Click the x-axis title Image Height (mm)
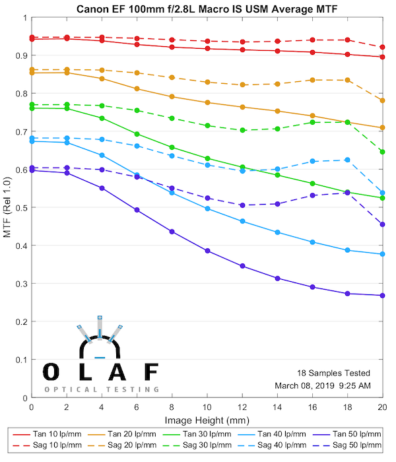tap(207, 420)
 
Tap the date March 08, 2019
tap(304, 385)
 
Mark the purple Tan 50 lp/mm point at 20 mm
tap(383, 296)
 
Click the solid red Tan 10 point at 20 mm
tap(383, 57)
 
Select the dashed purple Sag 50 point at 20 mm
tap(383, 224)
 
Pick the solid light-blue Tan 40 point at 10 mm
tap(207, 209)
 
